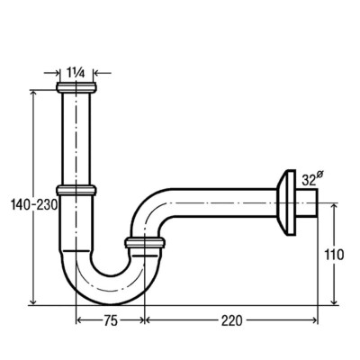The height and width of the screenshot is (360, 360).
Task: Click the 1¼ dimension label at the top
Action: [76, 73]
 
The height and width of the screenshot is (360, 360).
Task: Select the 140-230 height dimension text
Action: [34, 205]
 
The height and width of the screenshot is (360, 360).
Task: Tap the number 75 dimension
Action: [111, 321]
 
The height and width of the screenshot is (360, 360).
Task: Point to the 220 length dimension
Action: [231, 321]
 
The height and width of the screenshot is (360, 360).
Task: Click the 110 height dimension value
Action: [334, 255]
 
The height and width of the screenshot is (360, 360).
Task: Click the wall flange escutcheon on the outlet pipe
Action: [286, 203]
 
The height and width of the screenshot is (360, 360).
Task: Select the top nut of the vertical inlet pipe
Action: [76, 87]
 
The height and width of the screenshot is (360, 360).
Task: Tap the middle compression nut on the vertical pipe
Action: [76, 191]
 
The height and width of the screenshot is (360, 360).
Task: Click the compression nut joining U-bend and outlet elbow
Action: [145, 243]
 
